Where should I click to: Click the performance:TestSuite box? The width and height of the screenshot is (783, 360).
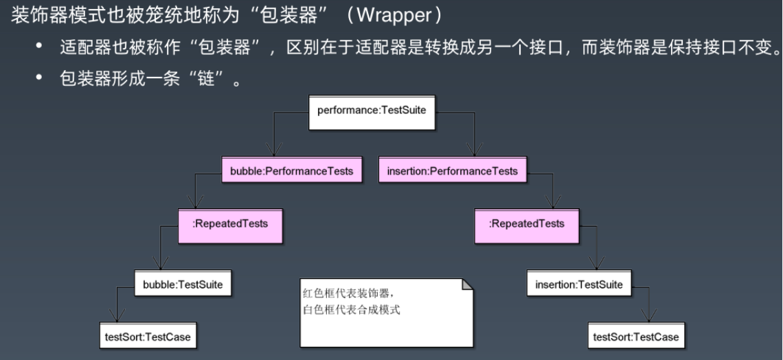coord(372,111)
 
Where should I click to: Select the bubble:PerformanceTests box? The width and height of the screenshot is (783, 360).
coord(291,171)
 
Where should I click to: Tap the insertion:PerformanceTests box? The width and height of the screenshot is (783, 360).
coord(448,171)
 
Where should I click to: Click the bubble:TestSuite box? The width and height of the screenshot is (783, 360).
coord(183,284)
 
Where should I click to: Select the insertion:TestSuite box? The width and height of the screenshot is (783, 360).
coord(579,284)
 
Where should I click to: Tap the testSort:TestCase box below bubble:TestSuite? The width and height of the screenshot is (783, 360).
coord(147,336)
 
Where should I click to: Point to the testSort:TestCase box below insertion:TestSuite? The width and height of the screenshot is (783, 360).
coord(636,336)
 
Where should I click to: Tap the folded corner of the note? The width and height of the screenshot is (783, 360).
coord(467,284)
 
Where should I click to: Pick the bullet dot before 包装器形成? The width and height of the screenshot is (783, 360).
coord(39,81)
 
